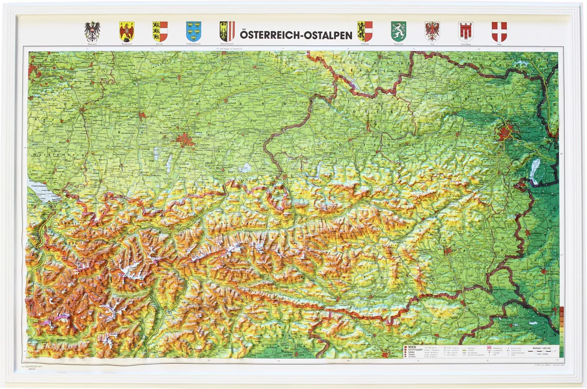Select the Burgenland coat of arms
(x=127, y=31)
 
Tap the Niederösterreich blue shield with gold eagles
(x=193, y=31)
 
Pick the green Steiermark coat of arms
(x=398, y=31)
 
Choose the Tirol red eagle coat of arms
(x=432, y=31)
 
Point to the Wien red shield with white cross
(x=499, y=31)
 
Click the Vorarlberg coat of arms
(x=465, y=31)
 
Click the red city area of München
(x=185, y=140)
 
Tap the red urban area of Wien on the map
(x=505, y=131)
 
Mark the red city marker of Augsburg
(x=141, y=115)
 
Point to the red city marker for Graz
(x=447, y=252)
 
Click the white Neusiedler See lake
(x=534, y=169)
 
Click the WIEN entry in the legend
(x=412, y=346)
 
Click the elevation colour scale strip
(x=561, y=330)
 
